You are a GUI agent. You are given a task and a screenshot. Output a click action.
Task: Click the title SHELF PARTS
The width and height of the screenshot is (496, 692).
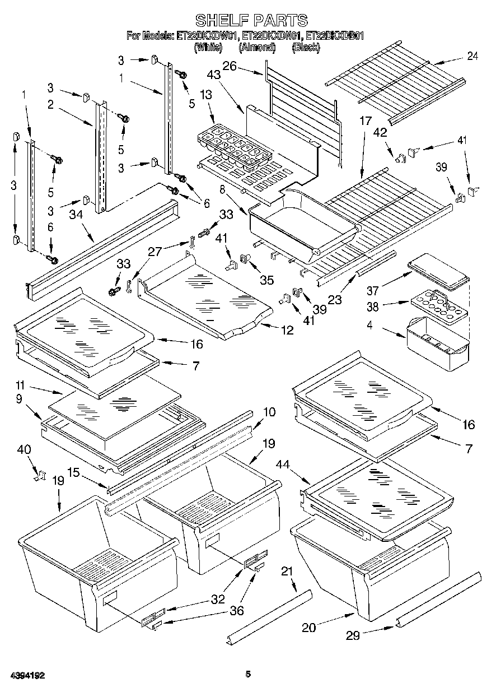[x=251, y=20]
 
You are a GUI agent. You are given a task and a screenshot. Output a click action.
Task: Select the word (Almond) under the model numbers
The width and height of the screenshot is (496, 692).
[x=257, y=47]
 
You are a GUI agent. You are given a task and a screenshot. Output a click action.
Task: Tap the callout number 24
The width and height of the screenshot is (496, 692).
[x=472, y=56]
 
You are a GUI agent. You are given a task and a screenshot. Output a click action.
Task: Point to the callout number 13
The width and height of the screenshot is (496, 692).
[x=206, y=95]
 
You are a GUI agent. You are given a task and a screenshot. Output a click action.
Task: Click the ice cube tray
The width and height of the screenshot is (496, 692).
[x=234, y=147]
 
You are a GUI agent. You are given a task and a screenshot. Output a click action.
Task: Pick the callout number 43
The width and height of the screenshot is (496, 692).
[x=214, y=75]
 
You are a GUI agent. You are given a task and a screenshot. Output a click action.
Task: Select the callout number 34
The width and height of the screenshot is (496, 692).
[x=76, y=214]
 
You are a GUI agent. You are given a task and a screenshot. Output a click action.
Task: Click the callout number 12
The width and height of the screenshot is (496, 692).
[x=287, y=330]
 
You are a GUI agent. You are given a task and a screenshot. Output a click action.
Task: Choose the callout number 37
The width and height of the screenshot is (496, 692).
[x=372, y=290]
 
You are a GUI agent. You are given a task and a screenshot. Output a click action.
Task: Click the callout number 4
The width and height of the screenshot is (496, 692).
[x=370, y=324]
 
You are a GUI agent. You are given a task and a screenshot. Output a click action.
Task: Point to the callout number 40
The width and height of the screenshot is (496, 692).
[x=24, y=449]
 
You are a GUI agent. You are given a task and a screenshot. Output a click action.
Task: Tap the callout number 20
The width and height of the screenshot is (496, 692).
[x=308, y=628]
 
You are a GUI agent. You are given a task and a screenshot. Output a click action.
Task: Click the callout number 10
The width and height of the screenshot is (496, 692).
[x=269, y=412]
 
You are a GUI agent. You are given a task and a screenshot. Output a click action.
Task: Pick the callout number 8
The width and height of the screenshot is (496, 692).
[x=222, y=189]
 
